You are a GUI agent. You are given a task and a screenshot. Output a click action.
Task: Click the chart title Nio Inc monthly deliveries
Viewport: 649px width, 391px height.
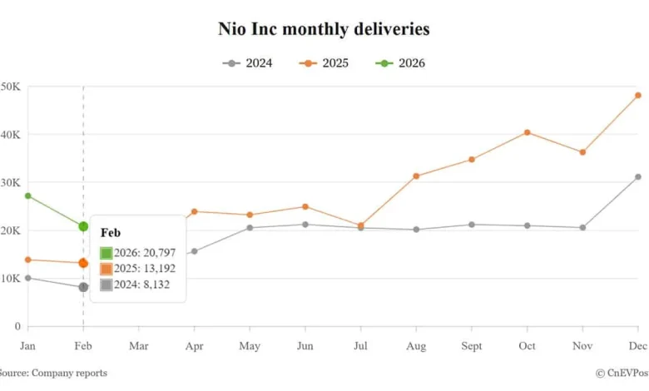(x=324, y=29)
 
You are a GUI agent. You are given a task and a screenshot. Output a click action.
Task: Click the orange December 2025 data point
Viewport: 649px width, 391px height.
(x=638, y=96)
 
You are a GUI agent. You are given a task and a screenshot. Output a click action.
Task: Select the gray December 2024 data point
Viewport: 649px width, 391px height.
(x=638, y=176)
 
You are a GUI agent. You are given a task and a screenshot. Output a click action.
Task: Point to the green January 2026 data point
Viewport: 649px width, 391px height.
(x=27, y=195)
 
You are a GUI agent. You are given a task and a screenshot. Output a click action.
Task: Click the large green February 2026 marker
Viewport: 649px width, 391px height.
(x=83, y=226)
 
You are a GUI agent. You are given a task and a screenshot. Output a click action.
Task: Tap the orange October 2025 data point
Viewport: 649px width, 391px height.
(x=528, y=132)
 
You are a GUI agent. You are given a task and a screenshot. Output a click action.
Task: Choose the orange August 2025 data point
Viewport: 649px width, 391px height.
(x=416, y=176)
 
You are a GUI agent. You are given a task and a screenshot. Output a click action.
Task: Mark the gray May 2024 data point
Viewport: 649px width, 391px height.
(x=250, y=227)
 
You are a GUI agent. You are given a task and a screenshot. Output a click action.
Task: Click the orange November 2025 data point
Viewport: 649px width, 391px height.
(x=582, y=152)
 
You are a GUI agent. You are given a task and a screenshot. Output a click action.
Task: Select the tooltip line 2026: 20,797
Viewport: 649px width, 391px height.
(x=137, y=253)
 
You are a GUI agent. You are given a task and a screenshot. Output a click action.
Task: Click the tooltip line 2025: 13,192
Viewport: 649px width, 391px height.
(x=137, y=269)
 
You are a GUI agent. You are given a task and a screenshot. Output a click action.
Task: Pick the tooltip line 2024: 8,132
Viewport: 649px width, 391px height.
(x=135, y=285)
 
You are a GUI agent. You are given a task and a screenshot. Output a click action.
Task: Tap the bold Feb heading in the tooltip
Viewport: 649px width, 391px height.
(x=111, y=234)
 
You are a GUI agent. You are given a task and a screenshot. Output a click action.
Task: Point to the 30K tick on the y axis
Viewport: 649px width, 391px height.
(x=11, y=182)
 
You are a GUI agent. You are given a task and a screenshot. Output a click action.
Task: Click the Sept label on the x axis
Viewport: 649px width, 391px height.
(x=472, y=345)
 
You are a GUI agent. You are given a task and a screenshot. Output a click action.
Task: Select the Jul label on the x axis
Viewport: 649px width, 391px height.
(x=360, y=345)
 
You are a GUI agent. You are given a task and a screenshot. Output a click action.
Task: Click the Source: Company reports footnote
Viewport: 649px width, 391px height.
(x=52, y=374)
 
